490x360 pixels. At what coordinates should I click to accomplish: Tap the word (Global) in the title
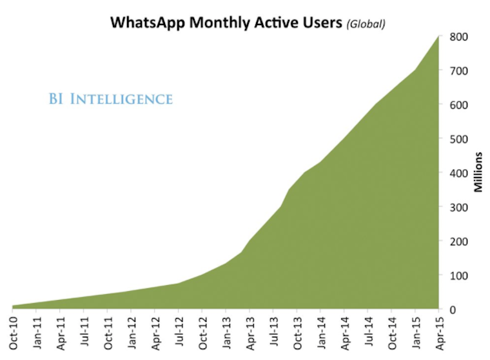click(x=366, y=24)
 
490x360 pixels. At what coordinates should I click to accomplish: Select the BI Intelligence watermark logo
click(x=110, y=99)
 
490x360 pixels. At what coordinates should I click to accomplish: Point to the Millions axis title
click(x=478, y=172)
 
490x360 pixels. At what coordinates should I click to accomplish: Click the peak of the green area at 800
click(x=438, y=37)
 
